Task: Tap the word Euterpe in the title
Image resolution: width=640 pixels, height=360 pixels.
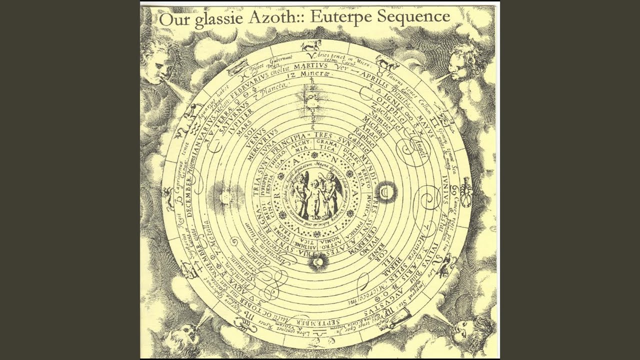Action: click(x=340, y=17)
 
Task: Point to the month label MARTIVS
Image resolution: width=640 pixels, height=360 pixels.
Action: click(x=310, y=66)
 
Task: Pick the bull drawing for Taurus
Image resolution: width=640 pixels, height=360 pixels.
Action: click(x=387, y=63)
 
